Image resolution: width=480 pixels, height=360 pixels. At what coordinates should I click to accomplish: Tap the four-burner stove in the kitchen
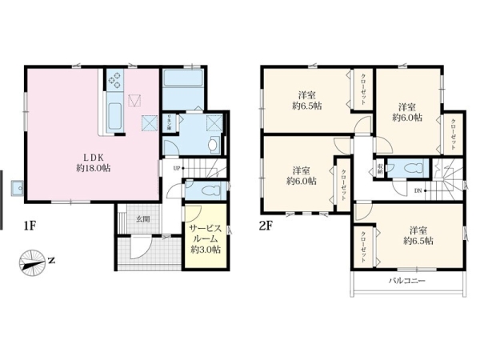pyautogui.click(x=114, y=80)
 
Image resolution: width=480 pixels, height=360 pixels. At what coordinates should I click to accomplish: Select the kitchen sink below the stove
pyautogui.click(x=114, y=110)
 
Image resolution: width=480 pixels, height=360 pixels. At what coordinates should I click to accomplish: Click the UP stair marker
pyautogui.click(x=174, y=168)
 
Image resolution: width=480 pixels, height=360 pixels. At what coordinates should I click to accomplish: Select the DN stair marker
pyautogui.click(x=418, y=190)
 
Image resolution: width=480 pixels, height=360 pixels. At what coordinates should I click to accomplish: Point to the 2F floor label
pyautogui.click(x=267, y=227)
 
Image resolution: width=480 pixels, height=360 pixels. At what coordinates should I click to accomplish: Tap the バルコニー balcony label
pyautogui.click(x=407, y=282)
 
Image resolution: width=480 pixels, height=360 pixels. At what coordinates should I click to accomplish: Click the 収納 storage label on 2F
pyautogui.click(x=380, y=168)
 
